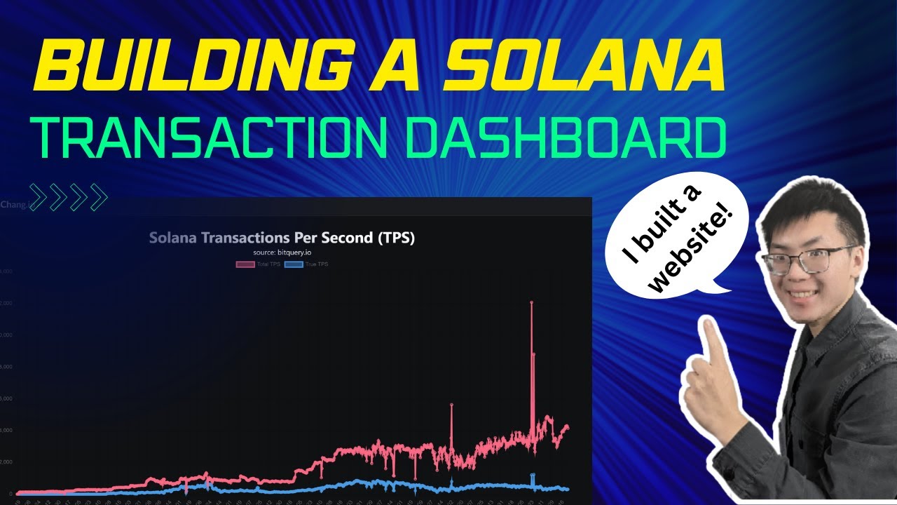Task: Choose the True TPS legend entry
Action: [x=308, y=264]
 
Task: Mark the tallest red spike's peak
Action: [x=531, y=302]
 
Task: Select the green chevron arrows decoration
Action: [x=68, y=197]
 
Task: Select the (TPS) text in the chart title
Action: [x=396, y=238]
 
